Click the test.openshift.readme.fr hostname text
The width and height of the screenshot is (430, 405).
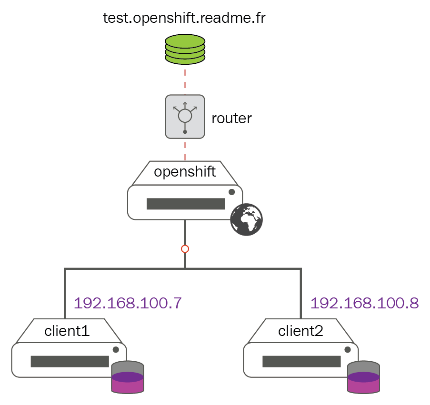184,19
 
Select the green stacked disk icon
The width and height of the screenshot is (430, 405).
185,49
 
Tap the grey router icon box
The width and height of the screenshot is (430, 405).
185,117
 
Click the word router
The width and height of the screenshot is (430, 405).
231,119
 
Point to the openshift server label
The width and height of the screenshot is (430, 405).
185,172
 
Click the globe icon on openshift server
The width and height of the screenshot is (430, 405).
246,219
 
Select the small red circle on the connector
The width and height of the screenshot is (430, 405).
185,249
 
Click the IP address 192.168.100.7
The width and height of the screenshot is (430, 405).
128,303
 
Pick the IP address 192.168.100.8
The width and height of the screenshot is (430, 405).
364,303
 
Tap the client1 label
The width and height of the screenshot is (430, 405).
67,330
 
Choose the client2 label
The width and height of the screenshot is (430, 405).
300,330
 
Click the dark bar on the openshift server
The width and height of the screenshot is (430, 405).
185,204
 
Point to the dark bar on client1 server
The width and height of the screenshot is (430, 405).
70,361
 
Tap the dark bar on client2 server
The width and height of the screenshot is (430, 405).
301,361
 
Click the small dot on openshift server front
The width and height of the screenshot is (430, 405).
231,192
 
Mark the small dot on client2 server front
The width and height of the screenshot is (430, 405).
347,349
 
